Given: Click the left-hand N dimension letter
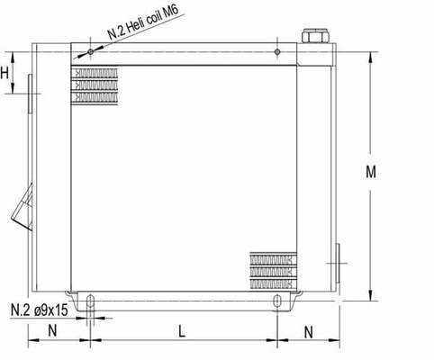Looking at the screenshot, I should tap(53, 330).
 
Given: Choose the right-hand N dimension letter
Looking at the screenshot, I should tap(309, 330).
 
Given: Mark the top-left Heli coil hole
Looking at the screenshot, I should tap(92, 51).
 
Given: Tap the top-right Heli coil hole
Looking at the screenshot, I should tap(278, 51).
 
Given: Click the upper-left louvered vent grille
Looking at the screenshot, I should tap(93, 85).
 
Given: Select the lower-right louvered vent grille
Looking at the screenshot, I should tap(272, 267).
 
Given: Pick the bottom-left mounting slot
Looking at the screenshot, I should tap(90, 301).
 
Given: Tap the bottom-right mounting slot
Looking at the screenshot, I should tap(276, 301).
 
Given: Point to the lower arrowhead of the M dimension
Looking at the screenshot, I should tap(371, 297).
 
